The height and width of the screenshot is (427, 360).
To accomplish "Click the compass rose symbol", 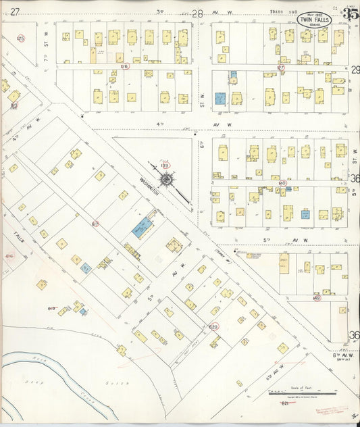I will pyautogui.click(x=165, y=179).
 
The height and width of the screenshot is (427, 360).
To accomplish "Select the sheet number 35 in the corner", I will pyautogui.click(x=350, y=14).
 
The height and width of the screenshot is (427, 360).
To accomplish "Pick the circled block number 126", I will pyautogui.click(x=124, y=67).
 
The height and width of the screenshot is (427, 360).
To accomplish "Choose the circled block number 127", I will pyautogui.click(x=281, y=68).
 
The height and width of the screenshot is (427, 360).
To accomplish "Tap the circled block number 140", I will pyautogui.click(x=282, y=183).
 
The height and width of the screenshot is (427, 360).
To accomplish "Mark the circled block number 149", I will pyautogui.click(x=316, y=297).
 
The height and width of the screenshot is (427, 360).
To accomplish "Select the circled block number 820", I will pyautogui.click(x=213, y=327).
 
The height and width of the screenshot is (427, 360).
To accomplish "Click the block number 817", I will pyautogui.click(x=95, y=223).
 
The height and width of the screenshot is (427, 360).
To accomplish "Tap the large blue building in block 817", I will pyautogui.click(x=143, y=227).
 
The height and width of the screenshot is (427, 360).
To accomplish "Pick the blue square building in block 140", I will pyautogui.click(x=305, y=214).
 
